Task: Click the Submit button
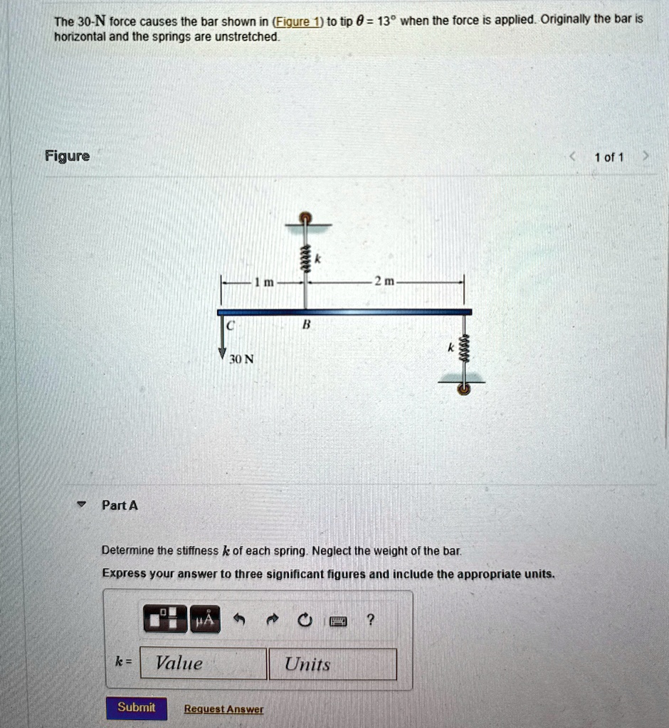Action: pyautogui.click(x=136, y=707)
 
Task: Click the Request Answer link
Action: pyautogui.click(x=223, y=709)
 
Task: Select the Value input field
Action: pyautogui.click(x=204, y=664)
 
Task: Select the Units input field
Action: pyautogui.click(x=332, y=664)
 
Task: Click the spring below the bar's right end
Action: pyautogui.click(x=463, y=350)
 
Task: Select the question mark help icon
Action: pyautogui.click(x=369, y=621)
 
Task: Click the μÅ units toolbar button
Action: pyautogui.click(x=204, y=621)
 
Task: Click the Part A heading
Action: pyautogui.click(x=120, y=505)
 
